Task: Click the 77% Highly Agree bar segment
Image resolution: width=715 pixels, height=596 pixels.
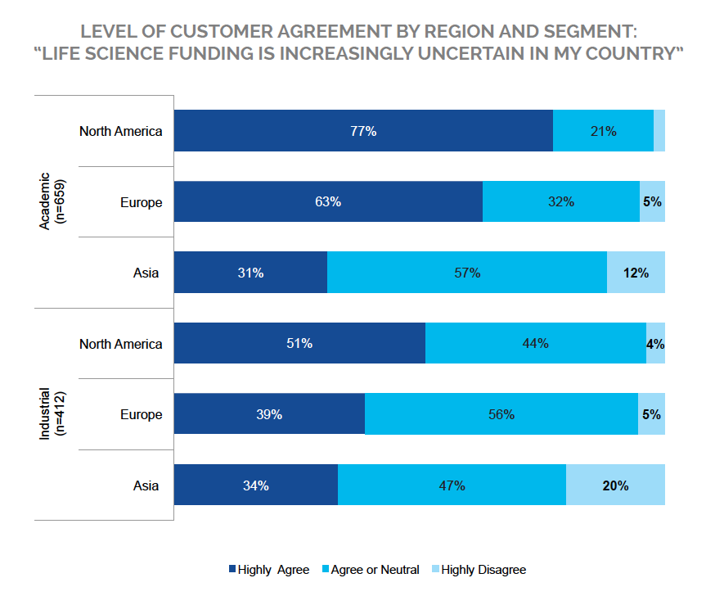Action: [363, 131]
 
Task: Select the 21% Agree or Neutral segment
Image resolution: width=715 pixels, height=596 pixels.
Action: [603, 131]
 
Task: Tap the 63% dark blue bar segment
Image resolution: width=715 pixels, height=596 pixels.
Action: [328, 202]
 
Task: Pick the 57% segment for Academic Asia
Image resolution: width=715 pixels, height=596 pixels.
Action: [466, 273]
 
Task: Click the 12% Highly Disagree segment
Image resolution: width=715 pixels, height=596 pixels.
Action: [636, 273]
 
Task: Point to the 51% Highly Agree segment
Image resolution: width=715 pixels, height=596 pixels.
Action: [299, 344]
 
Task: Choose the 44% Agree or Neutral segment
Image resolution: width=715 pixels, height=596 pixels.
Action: [535, 344]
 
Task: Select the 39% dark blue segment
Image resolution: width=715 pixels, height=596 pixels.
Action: [269, 414]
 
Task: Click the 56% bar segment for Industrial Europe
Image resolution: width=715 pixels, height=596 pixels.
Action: [501, 414]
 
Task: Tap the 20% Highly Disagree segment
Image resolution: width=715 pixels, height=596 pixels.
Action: [615, 485]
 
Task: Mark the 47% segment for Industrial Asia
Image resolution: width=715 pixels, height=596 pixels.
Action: [452, 485]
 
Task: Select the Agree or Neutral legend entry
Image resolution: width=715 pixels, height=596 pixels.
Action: [373, 570]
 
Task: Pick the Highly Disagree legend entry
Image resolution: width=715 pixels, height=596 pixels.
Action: [478, 570]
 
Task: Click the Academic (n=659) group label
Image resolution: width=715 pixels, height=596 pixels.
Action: [51, 202]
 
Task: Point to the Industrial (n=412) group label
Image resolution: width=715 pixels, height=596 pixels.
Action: [51, 414]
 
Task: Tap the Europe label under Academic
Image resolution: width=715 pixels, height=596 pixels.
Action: [141, 202]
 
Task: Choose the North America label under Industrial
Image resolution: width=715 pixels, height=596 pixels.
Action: [121, 344]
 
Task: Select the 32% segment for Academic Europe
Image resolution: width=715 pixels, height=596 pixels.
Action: [561, 202]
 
